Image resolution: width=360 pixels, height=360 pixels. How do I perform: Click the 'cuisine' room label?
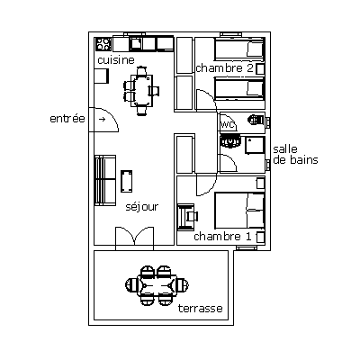click(116, 60)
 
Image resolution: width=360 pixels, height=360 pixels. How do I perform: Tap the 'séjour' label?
click(141, 207)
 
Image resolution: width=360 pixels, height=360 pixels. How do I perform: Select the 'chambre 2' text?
click(225, 68)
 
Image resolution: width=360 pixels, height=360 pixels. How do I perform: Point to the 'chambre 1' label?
click(222, 237)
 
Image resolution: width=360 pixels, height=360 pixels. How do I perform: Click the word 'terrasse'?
click(201, 308)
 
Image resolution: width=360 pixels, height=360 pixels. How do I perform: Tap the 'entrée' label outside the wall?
click(67, 118)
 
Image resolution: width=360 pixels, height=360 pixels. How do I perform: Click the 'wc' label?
click(228, 124)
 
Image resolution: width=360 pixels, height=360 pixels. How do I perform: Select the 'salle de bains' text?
click(295, 154)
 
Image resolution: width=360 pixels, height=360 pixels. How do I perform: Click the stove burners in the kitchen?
click(103, 44)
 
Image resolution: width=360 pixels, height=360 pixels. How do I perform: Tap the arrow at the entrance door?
click(103, 120)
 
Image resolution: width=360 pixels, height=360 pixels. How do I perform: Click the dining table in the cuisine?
click(142, 91)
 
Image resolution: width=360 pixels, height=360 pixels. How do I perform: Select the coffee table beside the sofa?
click(127, 181)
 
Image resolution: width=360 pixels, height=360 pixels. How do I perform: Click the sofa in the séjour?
click(105, 180)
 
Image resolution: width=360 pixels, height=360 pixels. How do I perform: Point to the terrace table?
click(157, 285)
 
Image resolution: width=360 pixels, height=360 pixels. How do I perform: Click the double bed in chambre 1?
click(239, 210)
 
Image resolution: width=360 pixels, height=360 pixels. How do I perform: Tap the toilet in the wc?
click(256, 120)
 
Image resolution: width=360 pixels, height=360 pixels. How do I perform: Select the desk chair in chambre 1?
click(192, 216)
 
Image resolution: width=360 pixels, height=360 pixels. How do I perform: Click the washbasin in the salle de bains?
click(230, 140)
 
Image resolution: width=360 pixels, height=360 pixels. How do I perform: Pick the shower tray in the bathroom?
click(256, 145)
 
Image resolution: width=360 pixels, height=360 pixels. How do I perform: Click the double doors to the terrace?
click(135, 238)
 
